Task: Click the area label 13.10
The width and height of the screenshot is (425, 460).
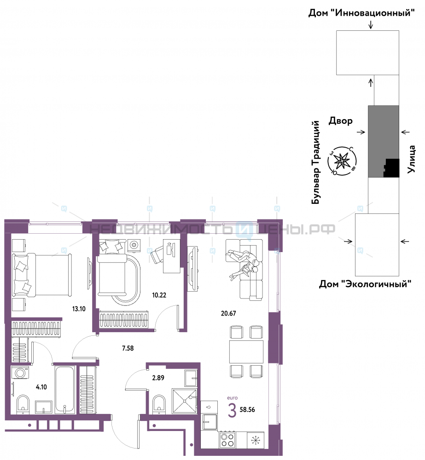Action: pyautogui.click(x=79, y=309)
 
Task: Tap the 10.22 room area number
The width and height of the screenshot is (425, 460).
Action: pyautogui.click(x=159, y=295)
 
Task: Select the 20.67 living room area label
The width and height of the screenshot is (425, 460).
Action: pyautogui.click(x=228, y=313)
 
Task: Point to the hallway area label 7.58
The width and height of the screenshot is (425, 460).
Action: pyautogui.click(x=128, y=348)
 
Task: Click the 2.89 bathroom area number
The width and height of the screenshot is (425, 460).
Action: pyautogui.click(x=158, y=378)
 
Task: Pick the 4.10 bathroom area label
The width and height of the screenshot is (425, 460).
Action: pyautogui.click(x=41, y=387)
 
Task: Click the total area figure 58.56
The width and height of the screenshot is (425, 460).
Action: pyautogui.click(x=247, y=409)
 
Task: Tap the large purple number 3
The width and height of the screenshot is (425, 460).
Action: pyautogui.click(x=232, y=410)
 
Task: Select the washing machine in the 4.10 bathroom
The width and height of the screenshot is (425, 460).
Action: pyautogui.click(x=20, y=373)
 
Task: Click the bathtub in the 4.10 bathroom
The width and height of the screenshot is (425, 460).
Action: pyautogui.click(x=65, y=390)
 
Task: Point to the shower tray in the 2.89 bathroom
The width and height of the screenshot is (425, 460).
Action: pyautogui.click(x=185, y=401)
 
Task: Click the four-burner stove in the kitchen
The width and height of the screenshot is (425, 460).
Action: pyautogui.click(x=227, y=440)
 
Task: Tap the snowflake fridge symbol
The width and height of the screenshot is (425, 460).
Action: pyautogui.click(x=256, y=440)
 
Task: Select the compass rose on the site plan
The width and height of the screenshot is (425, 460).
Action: pyautogui.click(x=342, y=161)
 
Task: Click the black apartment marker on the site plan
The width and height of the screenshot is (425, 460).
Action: pyautogui.click(x=391, y=168)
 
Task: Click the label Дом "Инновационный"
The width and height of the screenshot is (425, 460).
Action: pyautogui.click(x=361, y=13)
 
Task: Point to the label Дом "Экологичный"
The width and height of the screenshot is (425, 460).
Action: pyautogui.click(x=365, y=284)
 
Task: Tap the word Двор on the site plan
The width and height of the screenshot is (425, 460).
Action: pyautogui.click(x=340, y=121)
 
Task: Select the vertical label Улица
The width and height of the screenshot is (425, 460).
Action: pyautogui.click(x=412, y=159)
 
